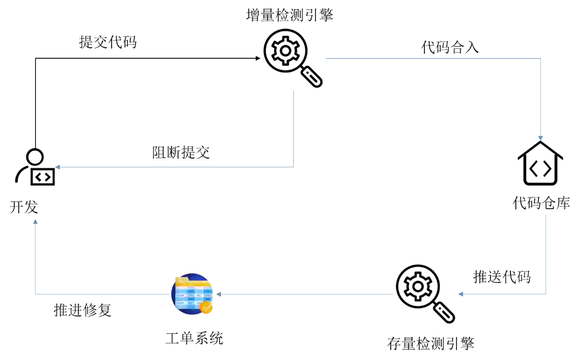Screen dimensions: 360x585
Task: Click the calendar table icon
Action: [193, 294]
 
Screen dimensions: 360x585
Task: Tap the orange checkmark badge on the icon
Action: [206, 308]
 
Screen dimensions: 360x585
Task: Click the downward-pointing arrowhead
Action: [540, 137]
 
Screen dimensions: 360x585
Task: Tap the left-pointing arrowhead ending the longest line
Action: [57, 167]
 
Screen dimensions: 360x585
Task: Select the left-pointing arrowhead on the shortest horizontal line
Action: [461, 295]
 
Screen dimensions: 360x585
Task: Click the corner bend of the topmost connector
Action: [542, 59]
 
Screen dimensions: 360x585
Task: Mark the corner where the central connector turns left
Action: [294, 167]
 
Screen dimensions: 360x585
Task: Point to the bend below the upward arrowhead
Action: [36, 294]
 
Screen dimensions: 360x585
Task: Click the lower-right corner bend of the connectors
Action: [546, 294]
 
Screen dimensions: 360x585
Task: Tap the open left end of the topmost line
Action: [323, 59]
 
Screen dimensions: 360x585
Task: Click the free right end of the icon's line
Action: [395, 294]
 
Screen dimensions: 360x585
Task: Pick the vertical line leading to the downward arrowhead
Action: [542, 98]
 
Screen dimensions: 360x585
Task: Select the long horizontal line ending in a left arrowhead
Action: [174, 167]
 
